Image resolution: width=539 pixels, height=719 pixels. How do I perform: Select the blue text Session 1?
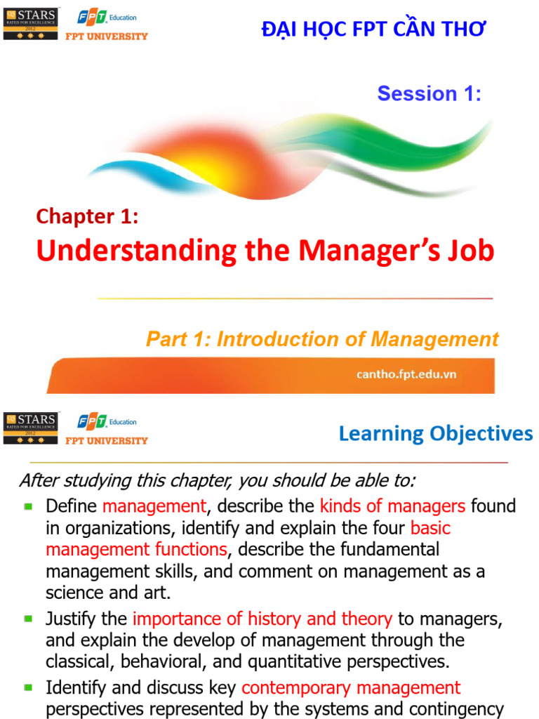click(430, 93)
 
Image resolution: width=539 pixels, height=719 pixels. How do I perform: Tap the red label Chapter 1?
click(87, 217)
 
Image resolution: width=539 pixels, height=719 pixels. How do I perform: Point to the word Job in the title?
click(472, 251)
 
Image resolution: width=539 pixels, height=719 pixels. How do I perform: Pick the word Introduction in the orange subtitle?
click(264, 340)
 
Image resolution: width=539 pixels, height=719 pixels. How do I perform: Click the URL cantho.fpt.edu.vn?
click(406, 374)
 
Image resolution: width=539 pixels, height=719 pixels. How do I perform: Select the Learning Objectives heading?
click(435, 434)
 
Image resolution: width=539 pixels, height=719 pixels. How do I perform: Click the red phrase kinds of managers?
click(392, 506)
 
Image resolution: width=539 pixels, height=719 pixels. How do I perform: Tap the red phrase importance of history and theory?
click(262, 619)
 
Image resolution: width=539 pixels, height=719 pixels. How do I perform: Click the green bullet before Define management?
click(28, 506)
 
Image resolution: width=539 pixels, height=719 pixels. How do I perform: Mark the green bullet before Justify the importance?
click(28, 619)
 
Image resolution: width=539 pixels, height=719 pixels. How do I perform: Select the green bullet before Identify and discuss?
click(28, 687)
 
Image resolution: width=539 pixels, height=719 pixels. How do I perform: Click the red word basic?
click(430, 527)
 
